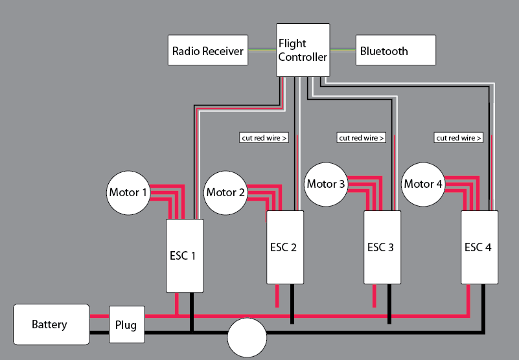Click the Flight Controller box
coord(303,51)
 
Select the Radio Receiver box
coord(208,51)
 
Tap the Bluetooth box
coord(395,51)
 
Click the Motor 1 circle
coord(128,192)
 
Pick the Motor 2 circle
coord(225,192)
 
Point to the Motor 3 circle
coord(326,184)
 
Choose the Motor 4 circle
coord(423,184)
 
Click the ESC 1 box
coord(185,256)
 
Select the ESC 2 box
coord(286,247)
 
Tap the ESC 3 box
coord(382,247)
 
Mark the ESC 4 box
coord(480,247)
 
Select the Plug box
coord(126,324)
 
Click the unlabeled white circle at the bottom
coord(247,337)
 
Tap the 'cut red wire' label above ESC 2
coord(264,138)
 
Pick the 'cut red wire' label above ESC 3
coord(362,138)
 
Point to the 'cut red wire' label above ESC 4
coord(459,138)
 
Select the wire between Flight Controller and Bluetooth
coord(342,51)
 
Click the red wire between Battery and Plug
coord(99,316)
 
